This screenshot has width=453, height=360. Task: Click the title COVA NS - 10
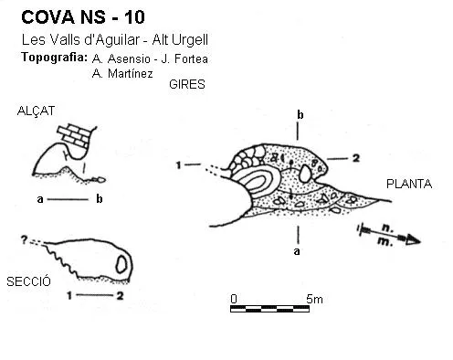click(83, 17)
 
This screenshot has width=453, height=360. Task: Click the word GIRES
click(187, 84)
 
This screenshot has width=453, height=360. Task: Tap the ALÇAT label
click(36, 111)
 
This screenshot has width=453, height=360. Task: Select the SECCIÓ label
click(28, 281)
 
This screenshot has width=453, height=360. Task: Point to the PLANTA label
click(409, 184)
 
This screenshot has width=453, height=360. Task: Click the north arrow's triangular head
click(413, 240)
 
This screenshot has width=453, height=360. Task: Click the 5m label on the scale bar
click(314, 299)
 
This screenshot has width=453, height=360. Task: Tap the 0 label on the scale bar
click(234, 299)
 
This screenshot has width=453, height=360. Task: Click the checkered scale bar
click(269, 309)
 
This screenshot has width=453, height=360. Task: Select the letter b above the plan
click(300, 115)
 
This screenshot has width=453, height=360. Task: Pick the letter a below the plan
click(297, 251)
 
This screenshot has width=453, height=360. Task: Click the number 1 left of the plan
click(179, 165)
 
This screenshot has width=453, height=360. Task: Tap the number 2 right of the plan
click(356, 158)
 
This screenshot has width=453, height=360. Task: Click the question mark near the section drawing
click(24, 240)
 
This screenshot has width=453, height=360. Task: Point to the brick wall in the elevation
click(76, 135)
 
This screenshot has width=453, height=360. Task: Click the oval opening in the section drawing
click(121, 264)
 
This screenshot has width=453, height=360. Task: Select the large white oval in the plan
click(305, 174)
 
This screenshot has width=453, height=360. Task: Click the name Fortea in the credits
click(191, 59)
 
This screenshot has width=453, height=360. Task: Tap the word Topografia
click(55, 58)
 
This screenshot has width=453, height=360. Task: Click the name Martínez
click(131, 73)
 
